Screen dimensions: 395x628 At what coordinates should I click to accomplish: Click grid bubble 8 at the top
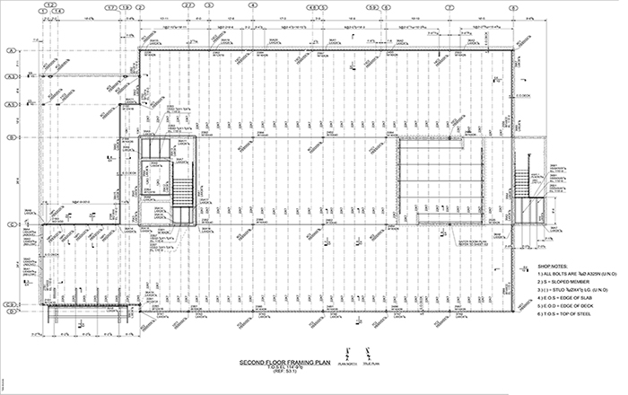[513, 5]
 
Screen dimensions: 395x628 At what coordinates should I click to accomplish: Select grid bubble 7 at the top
[449, 5]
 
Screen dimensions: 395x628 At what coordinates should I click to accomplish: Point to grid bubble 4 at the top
[253, 5]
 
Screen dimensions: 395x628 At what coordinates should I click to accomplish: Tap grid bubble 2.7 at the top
[188, 5]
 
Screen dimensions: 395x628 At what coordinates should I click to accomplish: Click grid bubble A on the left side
[11, 51]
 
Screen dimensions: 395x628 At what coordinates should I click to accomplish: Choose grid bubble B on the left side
[11, 138]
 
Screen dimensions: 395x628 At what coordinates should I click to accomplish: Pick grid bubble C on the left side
[11, 224]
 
